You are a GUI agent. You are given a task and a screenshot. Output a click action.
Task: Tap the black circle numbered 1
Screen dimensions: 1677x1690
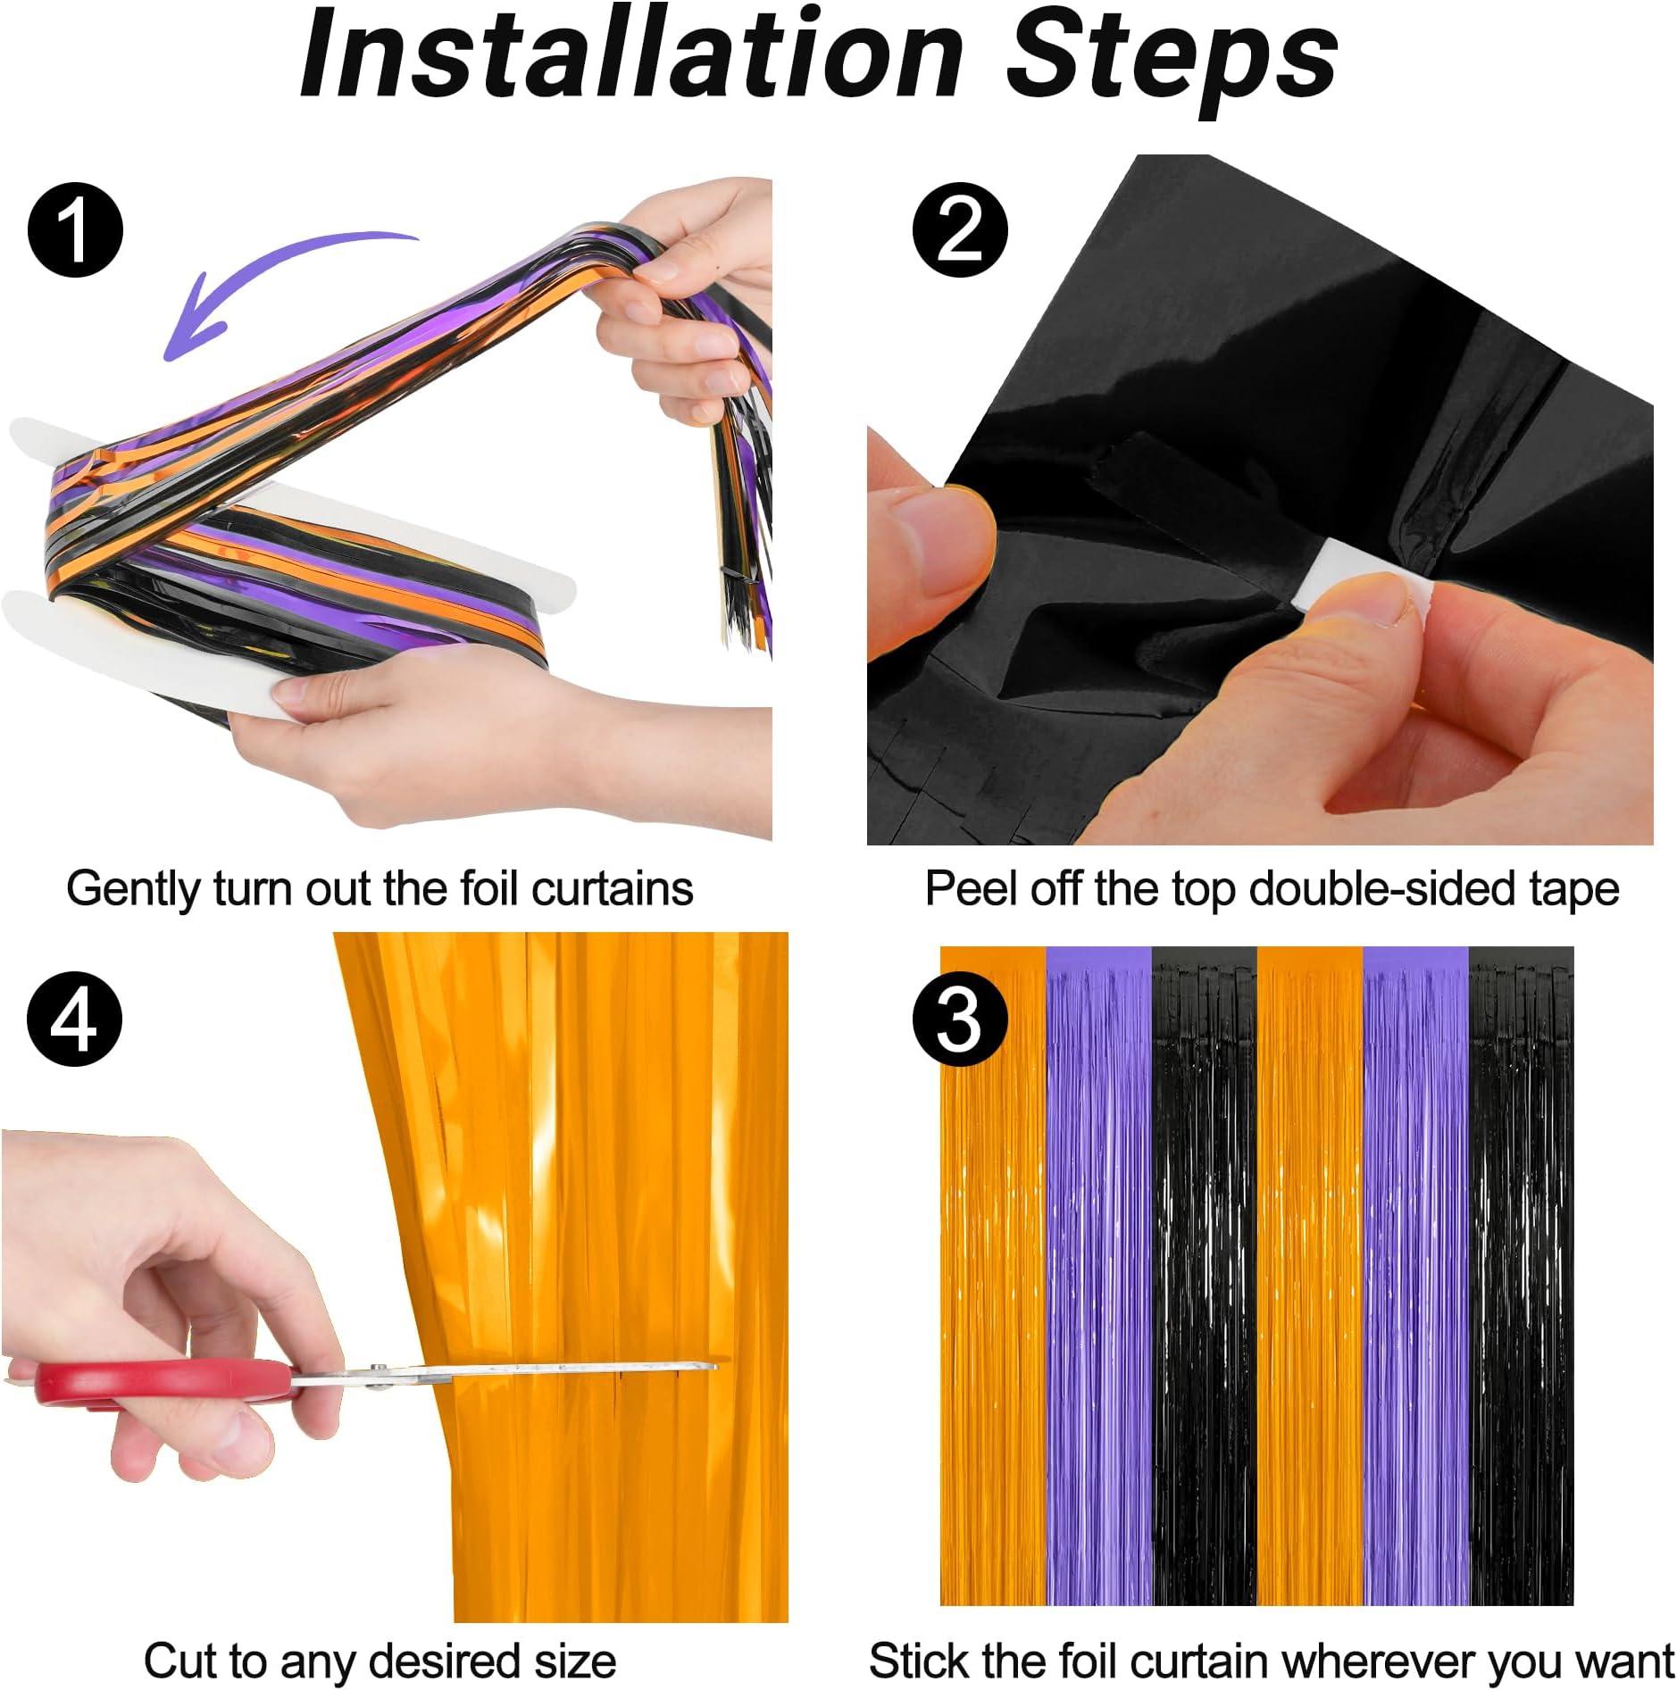75,229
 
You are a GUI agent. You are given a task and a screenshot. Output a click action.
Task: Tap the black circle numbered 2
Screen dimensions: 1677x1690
959,229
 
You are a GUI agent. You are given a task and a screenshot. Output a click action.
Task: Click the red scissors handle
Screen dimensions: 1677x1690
165,1380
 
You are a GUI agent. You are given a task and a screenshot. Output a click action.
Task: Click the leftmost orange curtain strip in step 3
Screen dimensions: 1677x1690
992,1277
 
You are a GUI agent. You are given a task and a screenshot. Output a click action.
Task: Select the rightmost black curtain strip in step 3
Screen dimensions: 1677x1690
1521,1277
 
